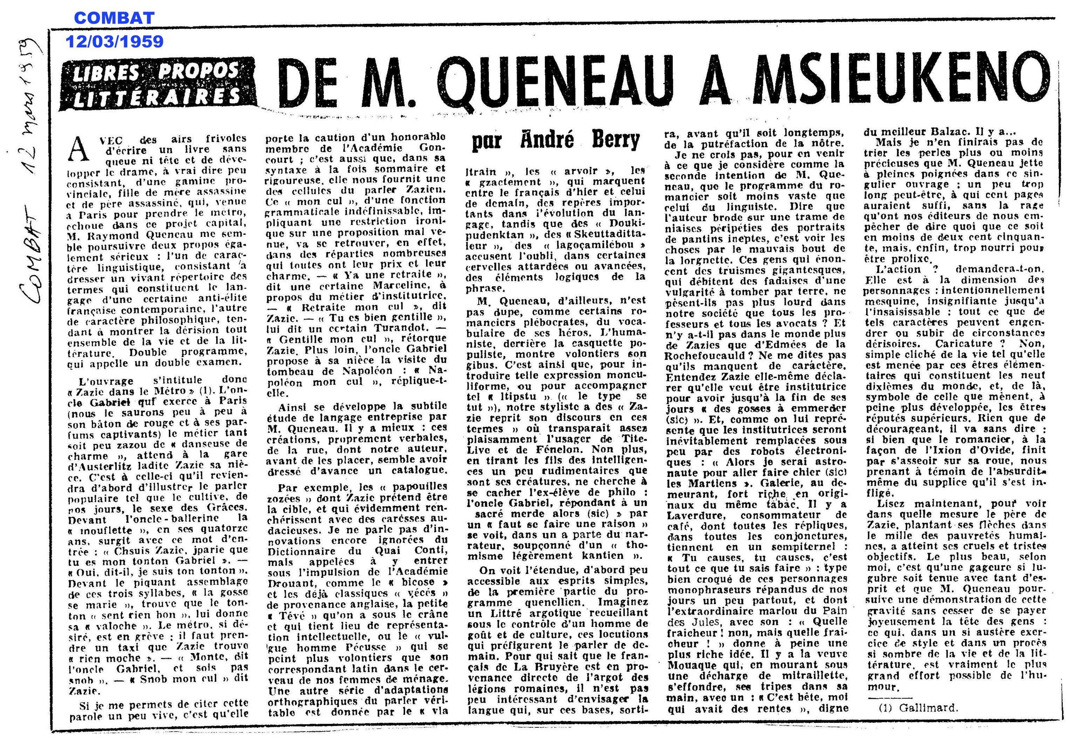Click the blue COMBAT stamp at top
coord(114,19)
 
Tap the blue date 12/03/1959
coord(114,42)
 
